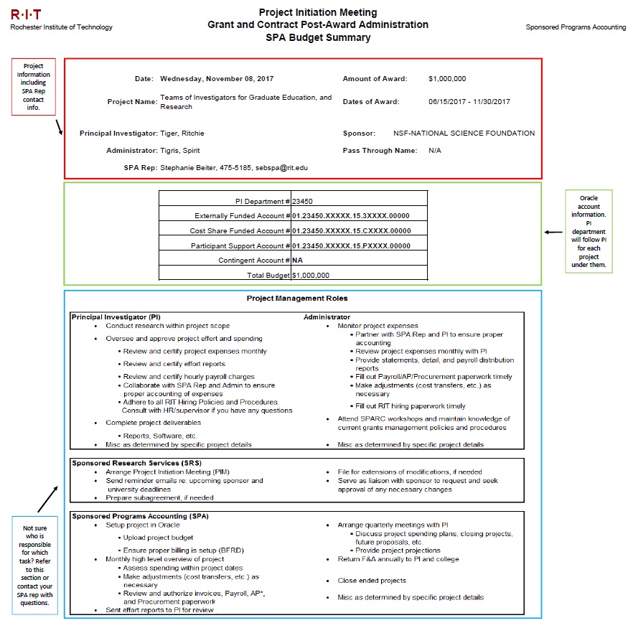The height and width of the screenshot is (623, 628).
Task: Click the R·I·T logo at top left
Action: click(26, 14)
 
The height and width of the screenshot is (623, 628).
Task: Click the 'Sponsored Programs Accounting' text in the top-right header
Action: click(576, 27)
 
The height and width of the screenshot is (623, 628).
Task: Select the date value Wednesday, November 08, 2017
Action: click(217, 78)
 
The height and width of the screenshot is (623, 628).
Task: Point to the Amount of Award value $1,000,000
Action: click(447, 78)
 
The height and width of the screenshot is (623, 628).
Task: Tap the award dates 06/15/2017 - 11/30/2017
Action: click(469, 102)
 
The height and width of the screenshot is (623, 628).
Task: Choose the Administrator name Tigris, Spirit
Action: click(180, 151)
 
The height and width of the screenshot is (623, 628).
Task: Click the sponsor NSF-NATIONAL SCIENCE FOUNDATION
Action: click(464, 133)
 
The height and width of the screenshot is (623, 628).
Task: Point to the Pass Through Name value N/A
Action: click(435, 151)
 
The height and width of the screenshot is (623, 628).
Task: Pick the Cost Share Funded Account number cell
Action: click(352, 230)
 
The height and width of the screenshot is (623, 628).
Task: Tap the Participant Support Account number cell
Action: click(352, 245)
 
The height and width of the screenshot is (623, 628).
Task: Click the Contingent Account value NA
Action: click(297, 260)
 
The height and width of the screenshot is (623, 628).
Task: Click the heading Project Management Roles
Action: click(297, 299)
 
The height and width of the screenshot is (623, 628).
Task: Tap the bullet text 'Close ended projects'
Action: click(372, 581)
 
